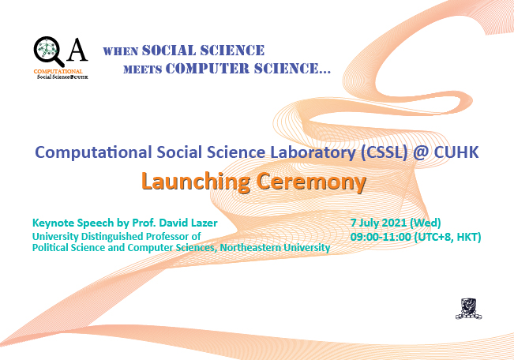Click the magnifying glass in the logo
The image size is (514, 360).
(48, 51)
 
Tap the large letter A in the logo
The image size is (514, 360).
(77, 50)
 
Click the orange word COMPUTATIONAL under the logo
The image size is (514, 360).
(58, 72)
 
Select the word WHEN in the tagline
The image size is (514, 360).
(121, 51)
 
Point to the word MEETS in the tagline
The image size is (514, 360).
(143, 69)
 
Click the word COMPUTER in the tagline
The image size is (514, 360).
(208, 68)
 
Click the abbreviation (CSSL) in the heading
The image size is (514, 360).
(384, 153)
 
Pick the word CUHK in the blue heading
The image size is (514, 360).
(456, 152)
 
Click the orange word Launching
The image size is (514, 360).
(196, 182)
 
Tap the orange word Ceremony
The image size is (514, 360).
(311, 182)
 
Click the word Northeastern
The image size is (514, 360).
(250, 248)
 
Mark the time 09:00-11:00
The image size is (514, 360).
(381, 237)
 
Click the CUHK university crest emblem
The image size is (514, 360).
(468, 309)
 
